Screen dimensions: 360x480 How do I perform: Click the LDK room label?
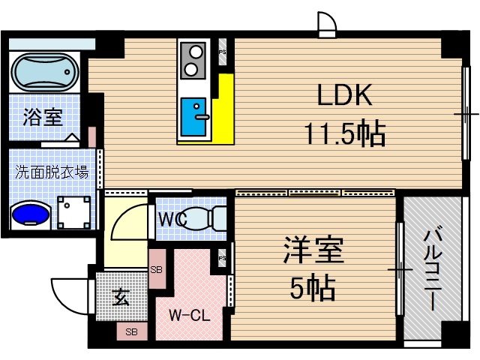point(344,96)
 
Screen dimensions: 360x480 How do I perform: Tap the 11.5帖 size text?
point(344,134)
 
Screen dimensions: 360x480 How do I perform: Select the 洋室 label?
point(313,250)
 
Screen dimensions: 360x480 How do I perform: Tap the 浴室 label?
point(42,117)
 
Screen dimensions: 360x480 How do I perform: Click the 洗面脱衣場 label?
point(52,172)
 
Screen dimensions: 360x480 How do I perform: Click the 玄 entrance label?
point(121,297)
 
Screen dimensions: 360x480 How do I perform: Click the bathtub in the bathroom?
point(45,72)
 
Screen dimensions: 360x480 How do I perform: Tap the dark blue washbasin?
point(31,214)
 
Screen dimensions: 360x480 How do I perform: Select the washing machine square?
point(76,211)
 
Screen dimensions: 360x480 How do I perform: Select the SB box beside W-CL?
point(157,270)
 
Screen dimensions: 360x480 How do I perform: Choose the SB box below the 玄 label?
point(131,331)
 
